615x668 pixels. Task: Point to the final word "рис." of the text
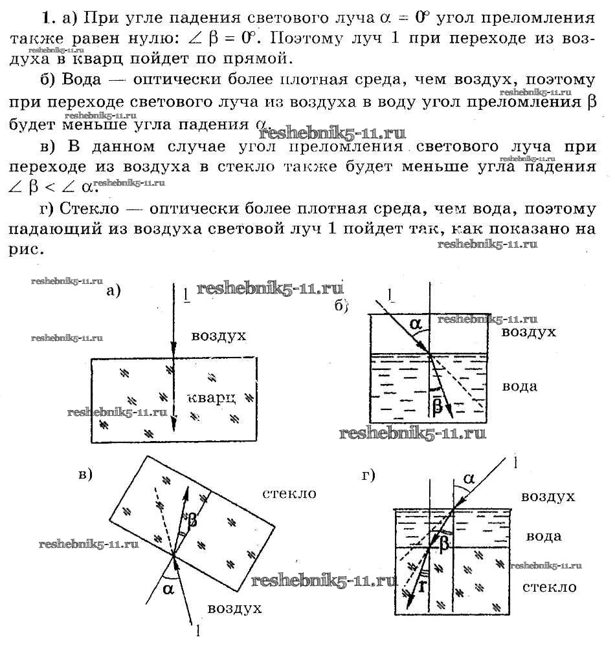[27, 249]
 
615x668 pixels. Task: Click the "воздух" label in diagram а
[219, 336]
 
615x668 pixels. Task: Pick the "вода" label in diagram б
[520, 386]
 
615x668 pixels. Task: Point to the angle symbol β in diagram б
[437, 405]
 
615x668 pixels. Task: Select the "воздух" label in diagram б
[529, 332]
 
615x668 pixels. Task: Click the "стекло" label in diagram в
[289, 493]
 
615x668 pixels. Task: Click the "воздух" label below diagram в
[234, 609]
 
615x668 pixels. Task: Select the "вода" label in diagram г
[543, 536]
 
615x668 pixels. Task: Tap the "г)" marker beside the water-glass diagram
[369, 476]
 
